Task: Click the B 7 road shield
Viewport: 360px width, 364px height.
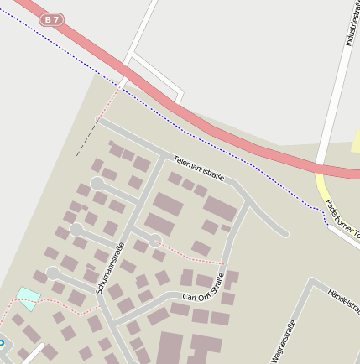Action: (53, 19)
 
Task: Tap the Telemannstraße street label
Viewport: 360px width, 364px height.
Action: (199, 168)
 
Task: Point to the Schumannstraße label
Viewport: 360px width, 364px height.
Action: (111, 267)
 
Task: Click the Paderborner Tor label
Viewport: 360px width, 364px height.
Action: (342, 216)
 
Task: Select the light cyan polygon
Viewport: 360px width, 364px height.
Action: (29, 298)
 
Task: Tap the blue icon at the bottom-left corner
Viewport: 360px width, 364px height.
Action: (2, 343)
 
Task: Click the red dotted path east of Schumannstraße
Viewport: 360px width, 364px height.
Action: (189, 256)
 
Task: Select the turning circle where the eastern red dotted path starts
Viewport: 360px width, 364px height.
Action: (155, 241)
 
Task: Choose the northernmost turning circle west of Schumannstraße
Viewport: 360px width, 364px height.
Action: (97, 183)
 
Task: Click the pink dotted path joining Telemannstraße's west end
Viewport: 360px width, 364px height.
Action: (110, 102)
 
